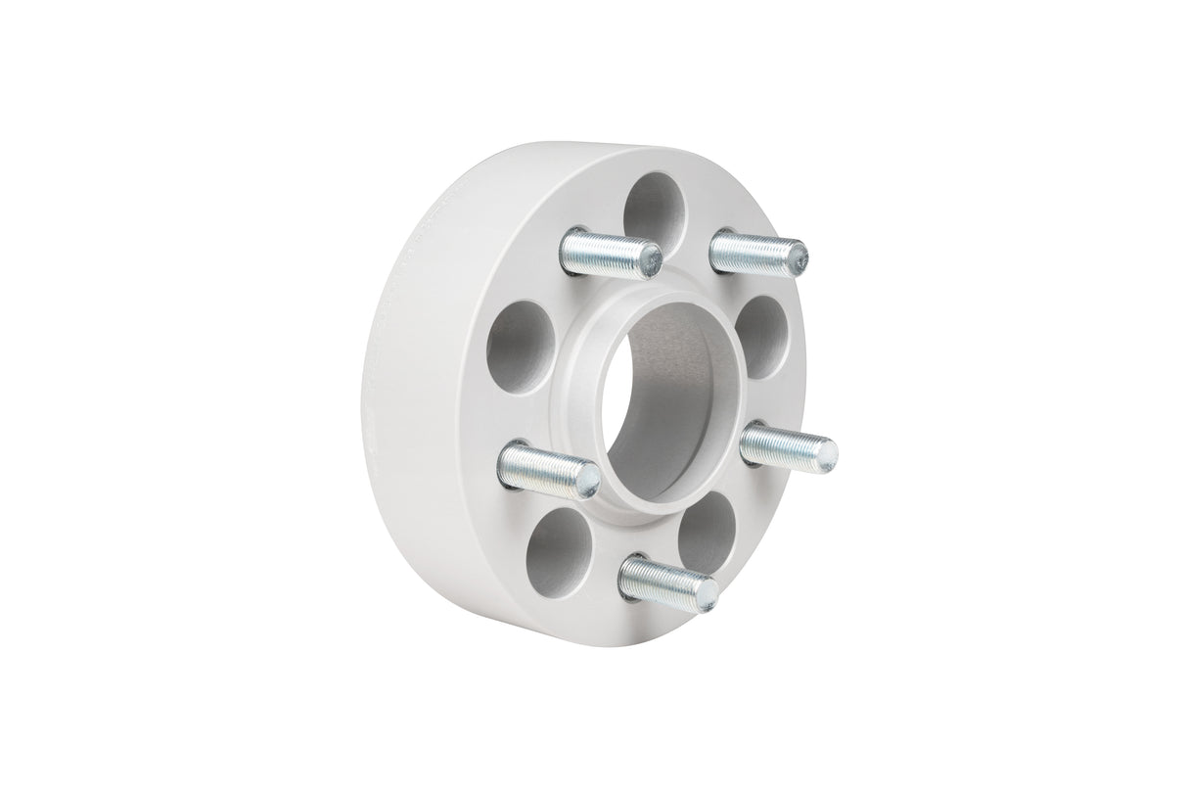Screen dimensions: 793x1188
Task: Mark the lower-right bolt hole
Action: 707,529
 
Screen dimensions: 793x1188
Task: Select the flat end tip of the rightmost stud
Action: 825,451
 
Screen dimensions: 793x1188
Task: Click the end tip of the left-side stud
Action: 587,479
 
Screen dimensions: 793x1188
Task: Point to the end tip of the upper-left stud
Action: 649,260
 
